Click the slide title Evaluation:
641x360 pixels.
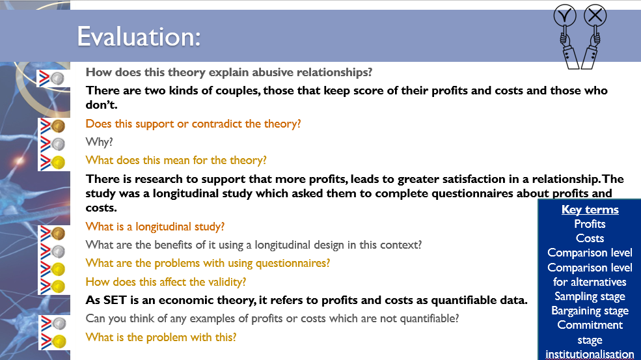[139, 37]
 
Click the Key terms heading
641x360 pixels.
[590, 210]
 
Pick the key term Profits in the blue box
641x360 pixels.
[590, 224]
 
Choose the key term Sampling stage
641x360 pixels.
[590, 296]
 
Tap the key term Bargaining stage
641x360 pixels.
[590, 311]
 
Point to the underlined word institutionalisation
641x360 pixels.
[590, 354]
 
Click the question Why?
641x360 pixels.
[99, 142]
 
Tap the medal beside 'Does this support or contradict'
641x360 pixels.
[58, 126]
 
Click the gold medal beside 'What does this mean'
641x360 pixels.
[58, 162]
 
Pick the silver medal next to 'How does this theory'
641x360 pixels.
[58, 78]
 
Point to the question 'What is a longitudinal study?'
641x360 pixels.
[155, 227]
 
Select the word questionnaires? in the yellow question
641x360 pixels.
[293, 263]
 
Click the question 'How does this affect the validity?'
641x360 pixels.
[165, 282]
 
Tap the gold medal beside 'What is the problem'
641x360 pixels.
[59, 341]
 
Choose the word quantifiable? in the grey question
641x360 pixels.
[430, 318]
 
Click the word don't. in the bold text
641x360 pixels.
[102, 105]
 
